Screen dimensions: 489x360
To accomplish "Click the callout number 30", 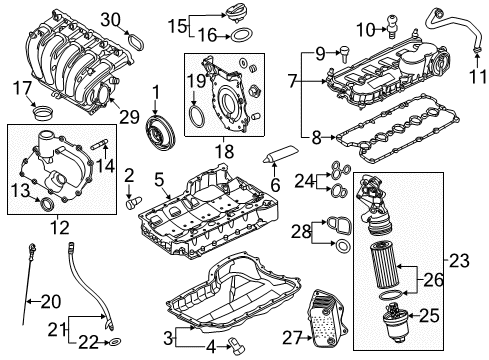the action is click(111, 20).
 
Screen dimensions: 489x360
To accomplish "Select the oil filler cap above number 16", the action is click(236, 15).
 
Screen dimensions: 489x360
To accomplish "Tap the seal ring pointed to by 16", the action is click(241, 35).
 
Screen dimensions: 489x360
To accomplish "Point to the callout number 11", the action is click(478, 77).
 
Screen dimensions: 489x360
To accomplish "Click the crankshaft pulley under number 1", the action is click(161, 133).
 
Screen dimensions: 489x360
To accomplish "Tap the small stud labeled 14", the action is click(100, 144).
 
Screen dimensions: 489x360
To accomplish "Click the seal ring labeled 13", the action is click(46, 204).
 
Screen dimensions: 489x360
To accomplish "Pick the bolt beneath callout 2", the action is click(133, 203).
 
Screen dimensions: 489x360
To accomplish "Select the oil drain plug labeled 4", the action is click(236, 346).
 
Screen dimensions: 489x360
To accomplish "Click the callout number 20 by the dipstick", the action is click(51, 301).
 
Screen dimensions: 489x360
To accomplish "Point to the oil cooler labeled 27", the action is click(329, 319).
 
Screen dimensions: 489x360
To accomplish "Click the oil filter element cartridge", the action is click(384, 265).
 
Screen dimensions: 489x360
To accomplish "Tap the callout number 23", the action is click(459, 260).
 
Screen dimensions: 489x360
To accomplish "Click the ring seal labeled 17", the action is click(43, 113).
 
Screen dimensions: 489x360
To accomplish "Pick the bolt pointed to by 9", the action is click(345, 54).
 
